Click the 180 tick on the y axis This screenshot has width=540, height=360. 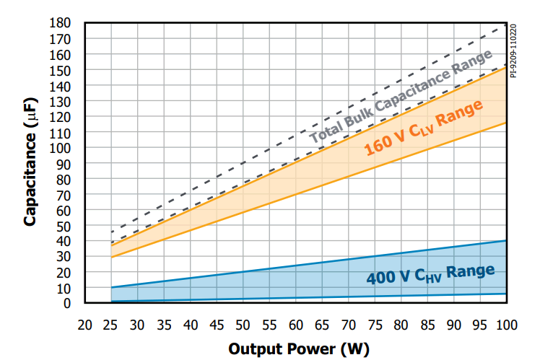[69, 22]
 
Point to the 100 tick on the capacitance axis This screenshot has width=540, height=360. [69, 148]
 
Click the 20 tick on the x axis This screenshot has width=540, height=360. [85, 325]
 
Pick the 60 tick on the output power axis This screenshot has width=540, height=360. [296, 325]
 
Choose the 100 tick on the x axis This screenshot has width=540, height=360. [506, 325]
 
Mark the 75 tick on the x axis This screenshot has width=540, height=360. [375, 325]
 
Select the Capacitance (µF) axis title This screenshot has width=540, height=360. [30, 163]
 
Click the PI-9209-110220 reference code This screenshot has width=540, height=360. [513, 50]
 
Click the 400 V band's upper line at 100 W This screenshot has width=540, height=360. [506, 241]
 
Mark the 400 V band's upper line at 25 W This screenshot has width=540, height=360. [112, 288]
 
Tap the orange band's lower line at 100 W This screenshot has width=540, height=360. [506, 123]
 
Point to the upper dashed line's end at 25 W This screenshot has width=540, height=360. [112, 232]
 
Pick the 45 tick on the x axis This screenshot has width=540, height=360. [217, 325]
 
